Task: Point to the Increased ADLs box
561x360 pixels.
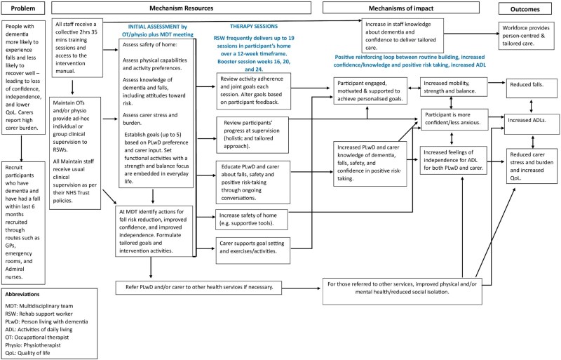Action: click(x=534, y=120)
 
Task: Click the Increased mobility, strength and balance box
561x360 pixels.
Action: click(x=458, y=88)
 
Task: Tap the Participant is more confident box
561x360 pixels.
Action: click(x=458, y=118)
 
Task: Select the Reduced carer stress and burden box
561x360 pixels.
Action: click(x=534, y=160)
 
